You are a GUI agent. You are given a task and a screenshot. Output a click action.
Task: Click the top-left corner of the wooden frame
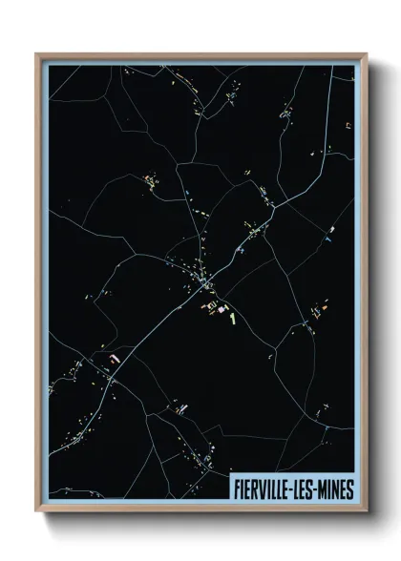pos(36,53)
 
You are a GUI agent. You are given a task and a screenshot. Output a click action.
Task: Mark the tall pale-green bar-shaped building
pos(232,314)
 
